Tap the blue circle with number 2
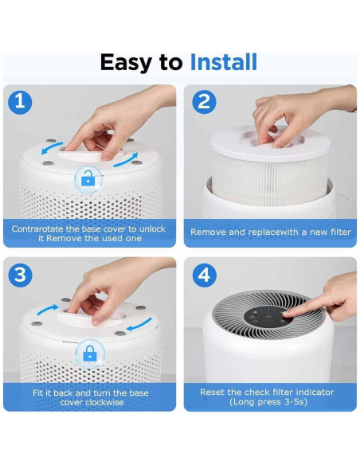pos(204,102)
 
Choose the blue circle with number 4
pos(204,275)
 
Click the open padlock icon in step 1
pos(89,180)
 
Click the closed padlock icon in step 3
pos(89,353)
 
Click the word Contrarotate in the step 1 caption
pos(41,229)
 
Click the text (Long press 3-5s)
pos(268,402)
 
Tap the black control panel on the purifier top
pos(265,318)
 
